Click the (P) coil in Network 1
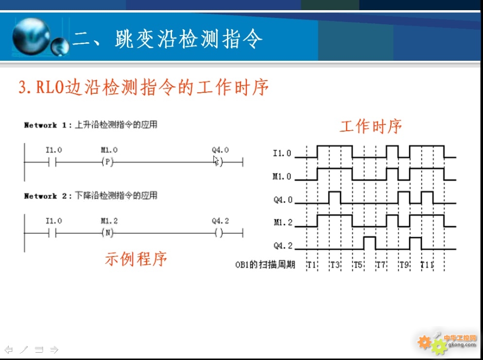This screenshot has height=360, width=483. pyautogui.click(x=107, y=162)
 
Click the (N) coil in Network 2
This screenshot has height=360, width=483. pyautogui.click(x=107, y=233)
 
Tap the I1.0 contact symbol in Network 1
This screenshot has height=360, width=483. pyautogui.click(x=52, y=162)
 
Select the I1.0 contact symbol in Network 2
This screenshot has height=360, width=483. pyautogui.click(x=52, y=233)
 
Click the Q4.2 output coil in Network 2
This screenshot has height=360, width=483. pyautogui.click(x=219, y=233)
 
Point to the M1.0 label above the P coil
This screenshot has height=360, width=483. pyautogui.click(x=109, y=150)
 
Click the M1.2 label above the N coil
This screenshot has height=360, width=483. pyautogui.click(x=109, y=221)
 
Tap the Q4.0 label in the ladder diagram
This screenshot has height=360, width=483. pyautogui.click(x=220, y=150)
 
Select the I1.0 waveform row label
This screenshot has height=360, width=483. pyautogui.click(x=282, y=153)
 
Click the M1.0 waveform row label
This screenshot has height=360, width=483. pyautogui.click(x=282, y=176)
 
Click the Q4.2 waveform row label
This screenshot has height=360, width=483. pyautogui.click(x=283, y=245)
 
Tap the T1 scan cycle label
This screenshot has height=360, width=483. pyautogui.click(x=311, y=265)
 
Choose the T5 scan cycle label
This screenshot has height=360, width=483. pyautogui.click(x=358, y=265)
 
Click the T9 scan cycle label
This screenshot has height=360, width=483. pyautogui.click(x=404, y=265)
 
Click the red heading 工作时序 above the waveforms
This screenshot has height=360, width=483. pyautogui.click(x=371, y=127)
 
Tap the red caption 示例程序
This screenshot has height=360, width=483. pyautogui.click(x=136, y=258)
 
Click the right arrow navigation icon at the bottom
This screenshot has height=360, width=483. pyautogui.click(x=54, y=349)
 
